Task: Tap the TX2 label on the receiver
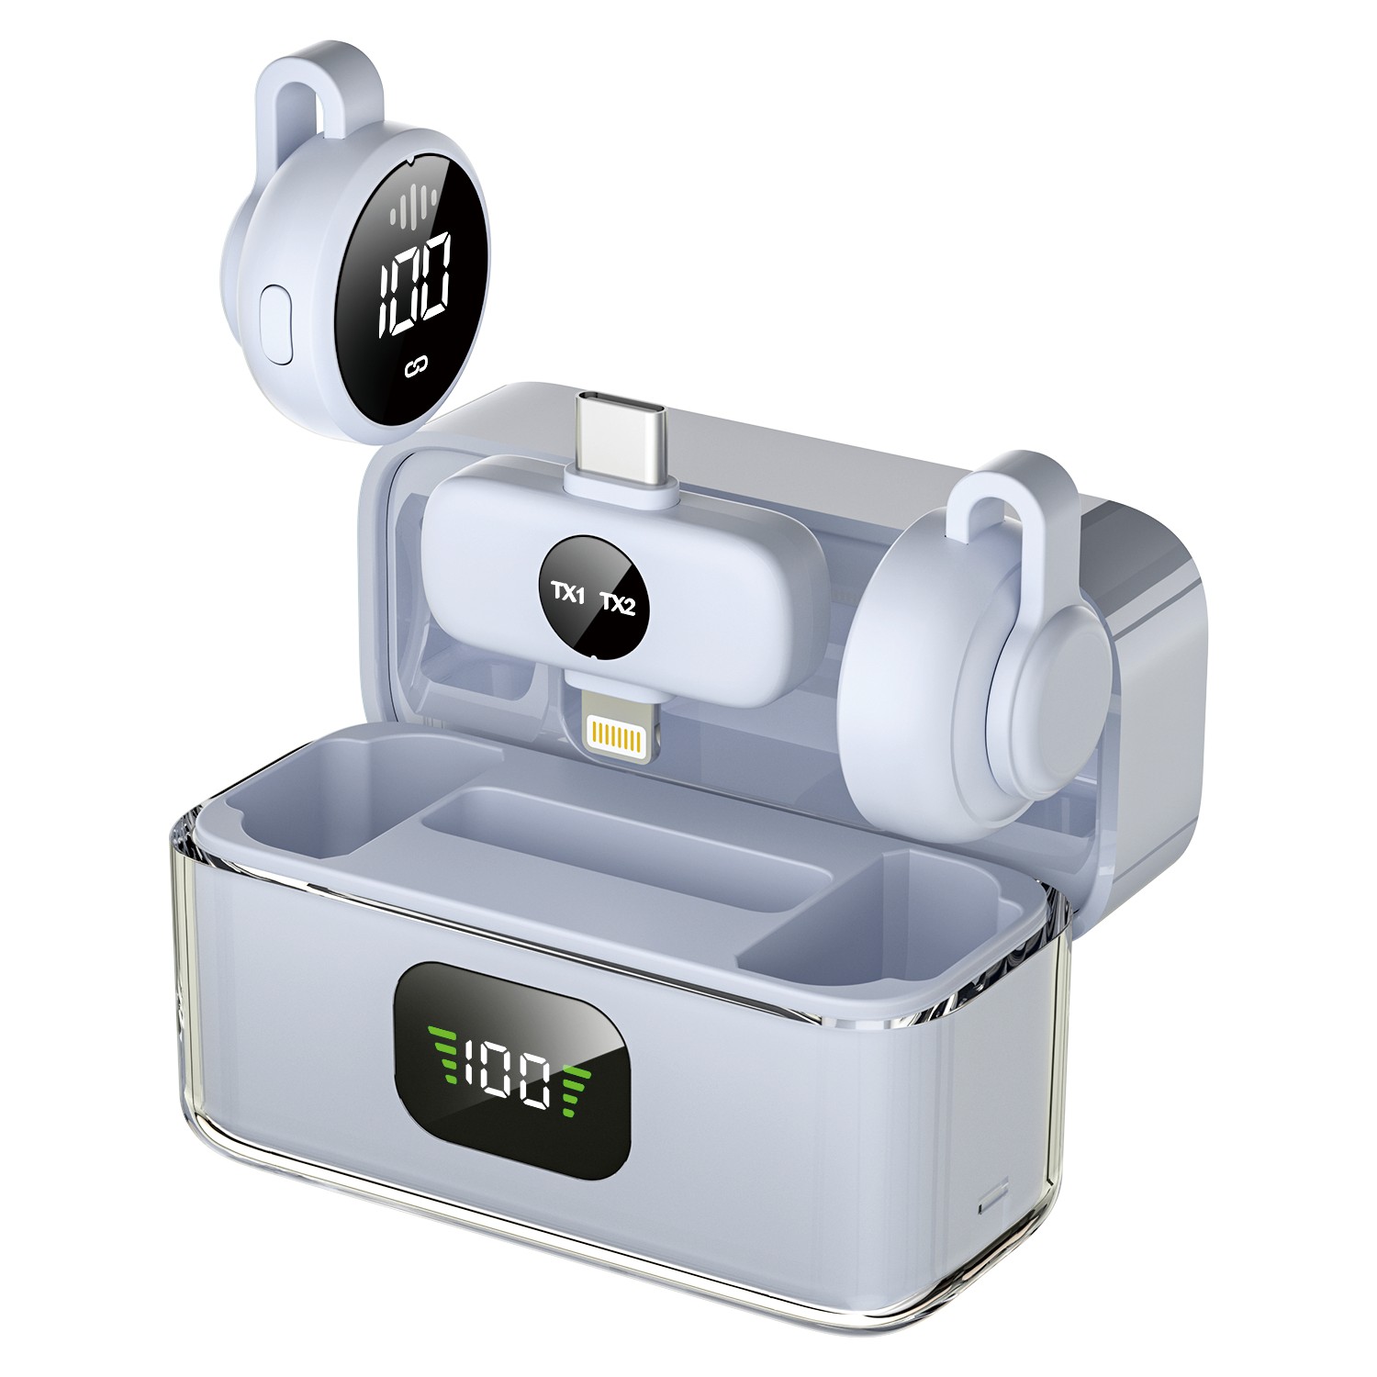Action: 618,604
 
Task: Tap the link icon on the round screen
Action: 417,368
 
